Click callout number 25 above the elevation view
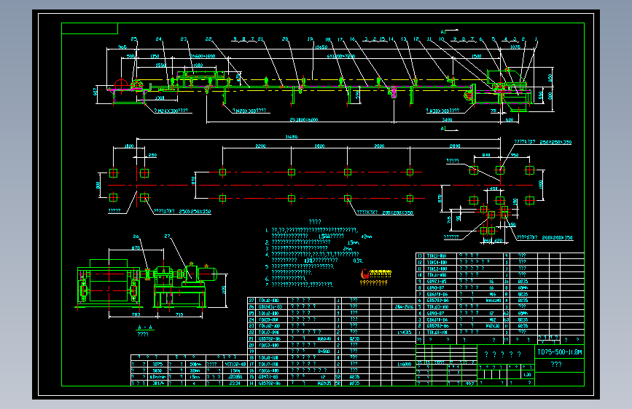tap(134, 39)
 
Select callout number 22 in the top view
tap(208, 39)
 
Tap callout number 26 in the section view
tap(136, 237)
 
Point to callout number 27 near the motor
tap(167, 237)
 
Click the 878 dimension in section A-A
tap(136, 248)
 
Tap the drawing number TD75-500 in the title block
tap(559, 352)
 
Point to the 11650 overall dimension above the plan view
tap(292, 136)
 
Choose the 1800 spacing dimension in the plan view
tap(319, 146)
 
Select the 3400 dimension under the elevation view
tap(447, 118)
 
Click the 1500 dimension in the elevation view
tap(476, 55)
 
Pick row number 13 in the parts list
tap(420, 256)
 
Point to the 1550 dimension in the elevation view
tap(161, 65)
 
